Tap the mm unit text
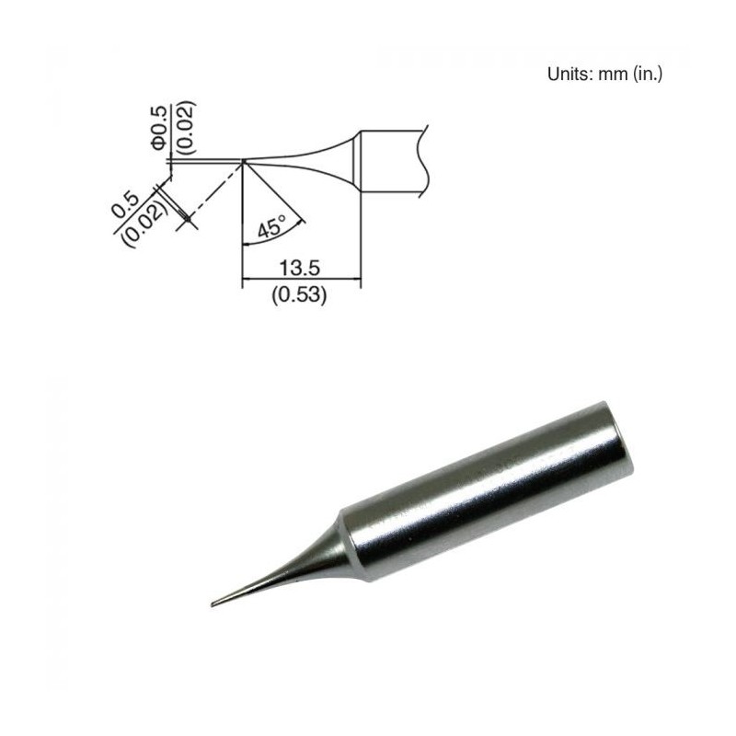613,74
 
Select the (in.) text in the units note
647,74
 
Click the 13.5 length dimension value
299,269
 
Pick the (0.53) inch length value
299,296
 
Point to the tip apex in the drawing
243,161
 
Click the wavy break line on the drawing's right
424,161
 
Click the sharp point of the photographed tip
213,604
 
